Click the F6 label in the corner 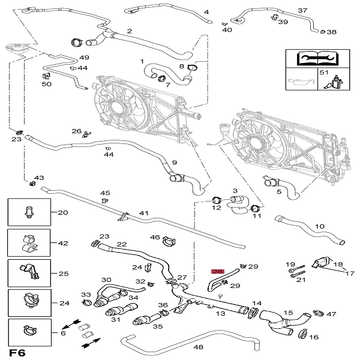point(17,352)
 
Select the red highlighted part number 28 point(218,272)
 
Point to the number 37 point(302,11)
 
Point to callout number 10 point(320,227)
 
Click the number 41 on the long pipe point(143,213)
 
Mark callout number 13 point(220,313)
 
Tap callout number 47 point(332,314)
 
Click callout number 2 point(129,31)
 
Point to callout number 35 point(158,327)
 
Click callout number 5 point(278,193)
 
